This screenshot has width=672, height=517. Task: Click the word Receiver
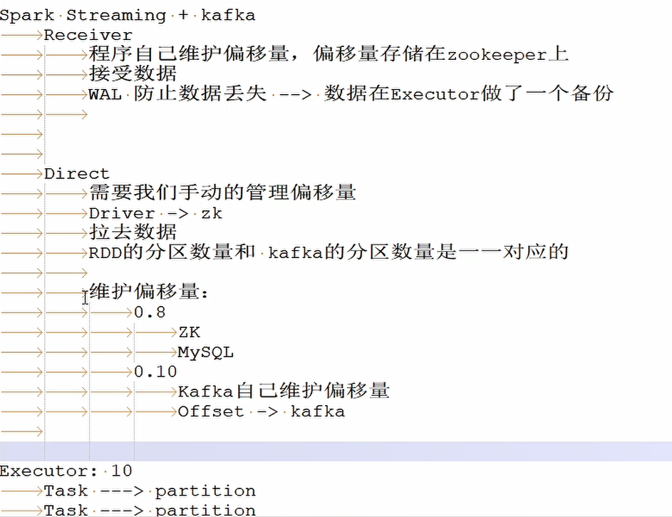(88, 35)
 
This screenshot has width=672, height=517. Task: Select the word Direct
(77, 173)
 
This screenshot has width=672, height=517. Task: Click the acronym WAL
(105, 94)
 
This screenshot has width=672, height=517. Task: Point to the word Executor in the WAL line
(435, 94)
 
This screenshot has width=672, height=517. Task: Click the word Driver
(122, 213)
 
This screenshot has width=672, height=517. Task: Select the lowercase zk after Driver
(212, 213)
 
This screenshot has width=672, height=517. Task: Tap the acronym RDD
(105, 253)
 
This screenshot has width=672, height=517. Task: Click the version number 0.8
(150, 312)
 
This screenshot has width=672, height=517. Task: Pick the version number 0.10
(155, 372)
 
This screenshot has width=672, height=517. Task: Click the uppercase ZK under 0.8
(190, 332)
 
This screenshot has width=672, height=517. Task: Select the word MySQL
(206, 352)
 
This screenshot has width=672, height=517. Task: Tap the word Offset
(211, 411)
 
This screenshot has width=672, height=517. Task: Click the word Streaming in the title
(116, 16)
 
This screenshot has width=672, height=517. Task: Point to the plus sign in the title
(183, 16)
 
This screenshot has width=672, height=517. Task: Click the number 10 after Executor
(122, 471)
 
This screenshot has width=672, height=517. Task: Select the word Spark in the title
(27, 16)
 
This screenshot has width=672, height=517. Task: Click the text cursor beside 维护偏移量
(86, 297)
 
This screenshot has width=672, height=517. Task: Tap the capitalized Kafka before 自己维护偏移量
(205, 391)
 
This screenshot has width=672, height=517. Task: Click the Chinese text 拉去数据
(133, 232)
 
